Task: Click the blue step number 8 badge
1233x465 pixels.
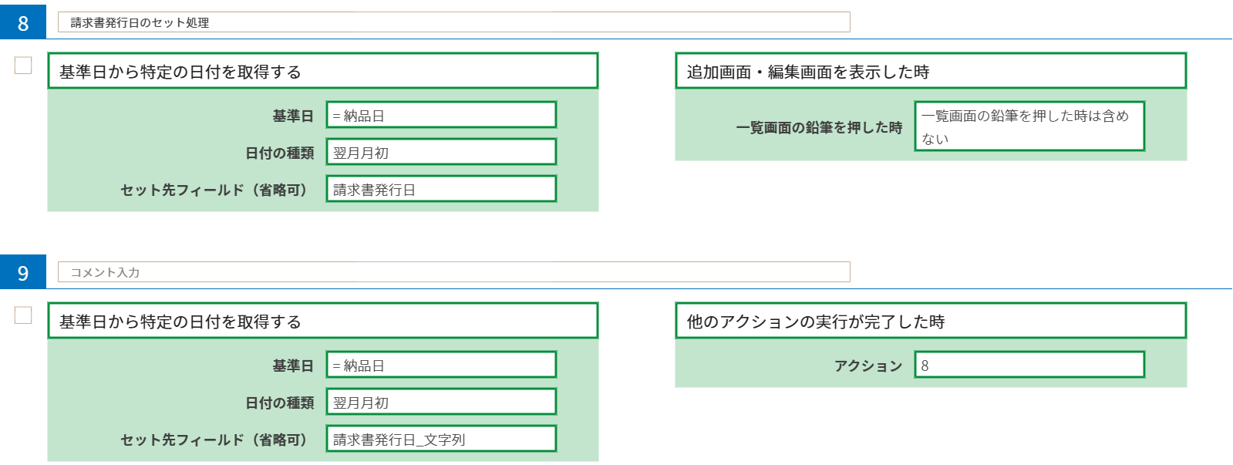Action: [x=23, y=22]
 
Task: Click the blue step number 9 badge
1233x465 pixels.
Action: [x=23, y=272]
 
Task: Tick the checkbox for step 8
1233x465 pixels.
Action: [x=23, y=66]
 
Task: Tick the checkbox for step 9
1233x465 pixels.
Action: [x=23, y=315]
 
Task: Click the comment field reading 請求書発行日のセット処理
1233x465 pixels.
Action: [x=453, y=22]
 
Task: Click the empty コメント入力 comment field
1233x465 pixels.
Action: [x=453, y=272]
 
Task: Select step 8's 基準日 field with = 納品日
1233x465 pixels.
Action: [x=441, y=115]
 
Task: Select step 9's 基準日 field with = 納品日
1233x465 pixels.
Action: [x=441, y=365]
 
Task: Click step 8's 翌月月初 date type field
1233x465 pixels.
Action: [x=441, y=152]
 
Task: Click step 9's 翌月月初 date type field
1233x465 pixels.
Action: [x=441, y=402]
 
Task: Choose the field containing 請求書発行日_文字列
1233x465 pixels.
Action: [x=441, y=439]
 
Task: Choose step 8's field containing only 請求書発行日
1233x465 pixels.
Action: [x=441, y=189]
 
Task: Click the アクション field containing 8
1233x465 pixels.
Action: [x=1029, y=365]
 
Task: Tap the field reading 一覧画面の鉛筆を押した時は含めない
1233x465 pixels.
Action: [x=1029, y=126]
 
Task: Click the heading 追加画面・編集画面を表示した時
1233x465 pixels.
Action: [x=930, y=72]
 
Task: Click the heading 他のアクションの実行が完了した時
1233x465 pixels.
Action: [x=930, y=322]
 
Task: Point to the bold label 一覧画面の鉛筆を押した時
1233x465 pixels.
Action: [x=819, y=127]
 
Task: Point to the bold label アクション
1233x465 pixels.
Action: [x=867, y=366]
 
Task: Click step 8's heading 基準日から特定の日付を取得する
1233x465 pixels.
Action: [x=322, y=72]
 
